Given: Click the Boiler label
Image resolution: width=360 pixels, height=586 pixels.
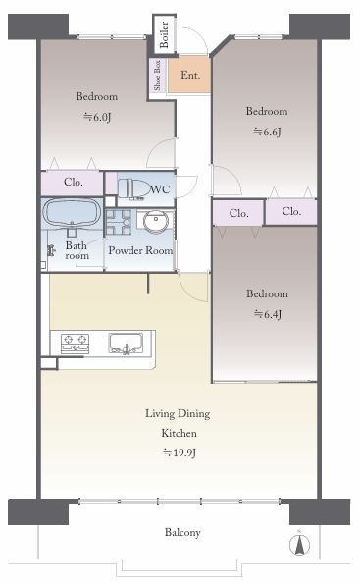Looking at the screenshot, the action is pos(164,34).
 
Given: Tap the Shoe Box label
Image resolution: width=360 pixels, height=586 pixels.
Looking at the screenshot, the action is pos(157,76).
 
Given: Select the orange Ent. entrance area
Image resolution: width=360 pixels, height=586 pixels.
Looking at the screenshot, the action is pos(189,75).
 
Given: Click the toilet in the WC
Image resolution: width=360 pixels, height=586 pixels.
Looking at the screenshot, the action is pos(133,188).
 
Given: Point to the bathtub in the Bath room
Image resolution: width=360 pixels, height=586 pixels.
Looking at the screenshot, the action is pos(72,213).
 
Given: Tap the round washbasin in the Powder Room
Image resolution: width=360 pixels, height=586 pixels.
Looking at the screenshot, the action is pos(156,221).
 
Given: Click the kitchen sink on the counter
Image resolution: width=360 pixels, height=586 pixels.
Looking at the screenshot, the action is pos(126,344).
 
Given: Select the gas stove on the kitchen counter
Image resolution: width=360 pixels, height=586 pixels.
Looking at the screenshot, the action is pos(76,344).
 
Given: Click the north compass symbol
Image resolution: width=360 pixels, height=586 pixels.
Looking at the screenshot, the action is pos(299,544).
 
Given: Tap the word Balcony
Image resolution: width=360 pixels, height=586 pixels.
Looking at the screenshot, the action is pos(182,532).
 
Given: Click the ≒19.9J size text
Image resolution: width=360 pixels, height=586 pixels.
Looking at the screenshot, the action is pos(180,453).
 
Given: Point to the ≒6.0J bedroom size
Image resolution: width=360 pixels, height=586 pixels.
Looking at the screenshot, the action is pos(97,117).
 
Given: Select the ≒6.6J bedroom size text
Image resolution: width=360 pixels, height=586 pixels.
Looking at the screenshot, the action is pos(267,132).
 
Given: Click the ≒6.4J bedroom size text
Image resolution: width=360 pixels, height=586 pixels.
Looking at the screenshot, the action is pos(268,314).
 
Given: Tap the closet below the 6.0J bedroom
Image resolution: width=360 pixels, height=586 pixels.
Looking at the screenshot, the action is pos(72,184).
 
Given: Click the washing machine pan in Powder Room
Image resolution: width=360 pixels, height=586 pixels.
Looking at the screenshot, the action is pos(118,222).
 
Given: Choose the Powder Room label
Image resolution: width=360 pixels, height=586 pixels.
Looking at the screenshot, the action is pos(140,250).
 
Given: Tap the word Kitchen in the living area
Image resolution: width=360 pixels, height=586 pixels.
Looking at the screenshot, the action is pos(179,433).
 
